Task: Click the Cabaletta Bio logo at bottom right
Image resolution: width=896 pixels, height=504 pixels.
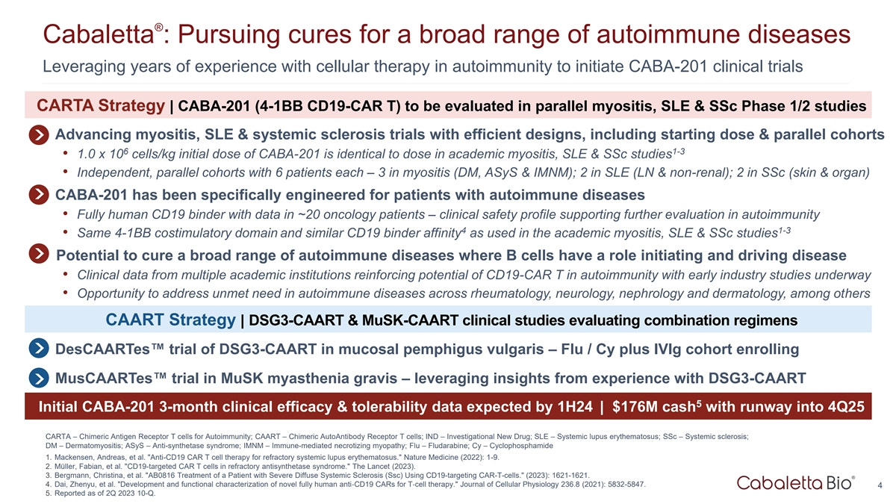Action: coord(796,483)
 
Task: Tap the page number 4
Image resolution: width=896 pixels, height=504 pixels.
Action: coord(880,485)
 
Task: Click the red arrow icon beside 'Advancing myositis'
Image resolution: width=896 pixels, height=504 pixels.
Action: coord(39,135)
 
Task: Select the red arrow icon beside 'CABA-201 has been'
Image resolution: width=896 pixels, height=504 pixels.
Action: coord(39,195)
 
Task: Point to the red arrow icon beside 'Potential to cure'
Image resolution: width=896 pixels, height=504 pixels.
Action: coord(39,254)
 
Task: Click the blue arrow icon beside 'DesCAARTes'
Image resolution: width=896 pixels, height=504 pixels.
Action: coord(39,349)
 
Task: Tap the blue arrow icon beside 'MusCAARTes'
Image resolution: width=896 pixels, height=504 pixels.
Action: coord(39,378)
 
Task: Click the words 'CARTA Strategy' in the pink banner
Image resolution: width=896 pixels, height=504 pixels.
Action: coord(100,105)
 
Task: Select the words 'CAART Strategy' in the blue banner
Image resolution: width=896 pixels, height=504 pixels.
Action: coord(170,320)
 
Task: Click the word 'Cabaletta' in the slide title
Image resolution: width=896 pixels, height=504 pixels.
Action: coord(99,34)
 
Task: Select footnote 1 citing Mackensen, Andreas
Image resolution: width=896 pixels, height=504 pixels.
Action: coord(272,457)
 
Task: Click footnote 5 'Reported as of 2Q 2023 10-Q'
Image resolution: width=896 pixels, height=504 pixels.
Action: coord(100,494)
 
